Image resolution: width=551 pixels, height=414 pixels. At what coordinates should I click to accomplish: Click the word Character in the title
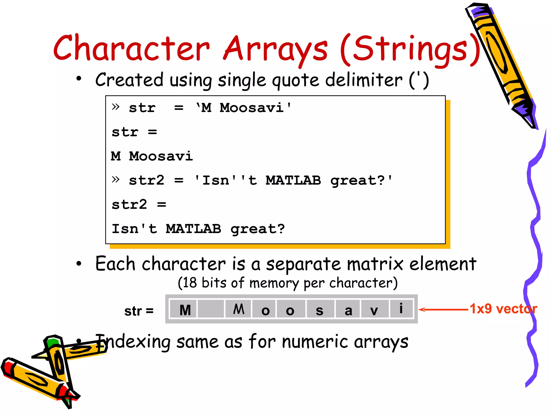coord(131,49)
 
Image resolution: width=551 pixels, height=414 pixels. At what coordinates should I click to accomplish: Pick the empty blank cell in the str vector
coord(211,309)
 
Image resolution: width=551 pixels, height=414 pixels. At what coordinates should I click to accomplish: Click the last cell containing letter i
coord(401,309)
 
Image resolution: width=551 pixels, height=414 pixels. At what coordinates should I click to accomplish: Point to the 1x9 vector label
coord(503,309)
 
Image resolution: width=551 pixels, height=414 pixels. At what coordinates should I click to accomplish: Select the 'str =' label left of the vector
coord(139,311)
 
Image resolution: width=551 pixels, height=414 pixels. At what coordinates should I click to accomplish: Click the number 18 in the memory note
coord(190,283)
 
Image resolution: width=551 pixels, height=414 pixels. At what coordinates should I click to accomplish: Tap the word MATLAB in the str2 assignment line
coord(293,180)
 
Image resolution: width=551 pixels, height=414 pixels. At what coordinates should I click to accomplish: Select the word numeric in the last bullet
coord(315,342)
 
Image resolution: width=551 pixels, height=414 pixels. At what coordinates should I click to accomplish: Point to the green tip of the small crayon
coord(52,342)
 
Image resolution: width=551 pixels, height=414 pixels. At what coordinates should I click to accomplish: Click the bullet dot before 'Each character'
coord(79,264)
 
